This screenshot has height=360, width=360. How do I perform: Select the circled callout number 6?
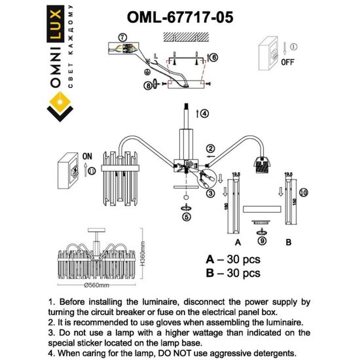(x=215, y=58)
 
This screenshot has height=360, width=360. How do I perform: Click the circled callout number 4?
(x=204, y=113)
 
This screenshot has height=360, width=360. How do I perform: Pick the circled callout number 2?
(x=211, y=149)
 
